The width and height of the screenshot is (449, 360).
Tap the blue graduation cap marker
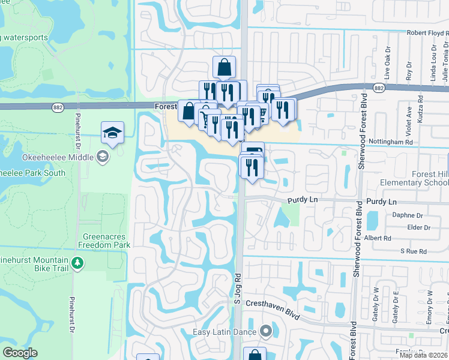(112, 133)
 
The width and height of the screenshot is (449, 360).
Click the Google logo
(20, 353)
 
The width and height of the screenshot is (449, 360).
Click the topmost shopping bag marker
(224, 67)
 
